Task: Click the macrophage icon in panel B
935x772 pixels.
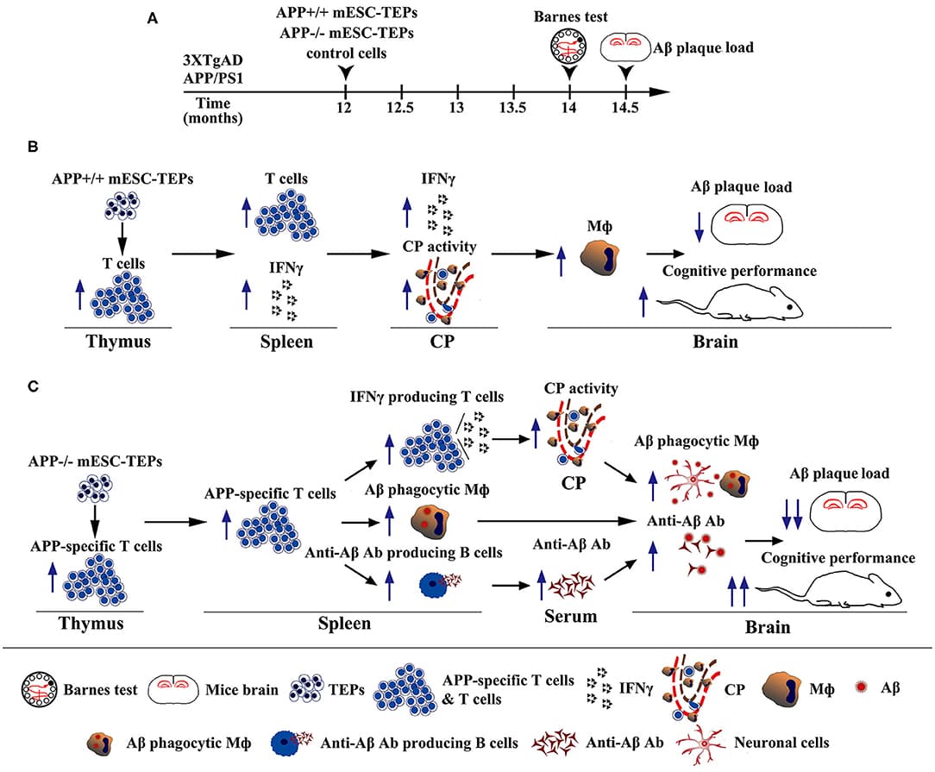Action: (599, 260)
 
